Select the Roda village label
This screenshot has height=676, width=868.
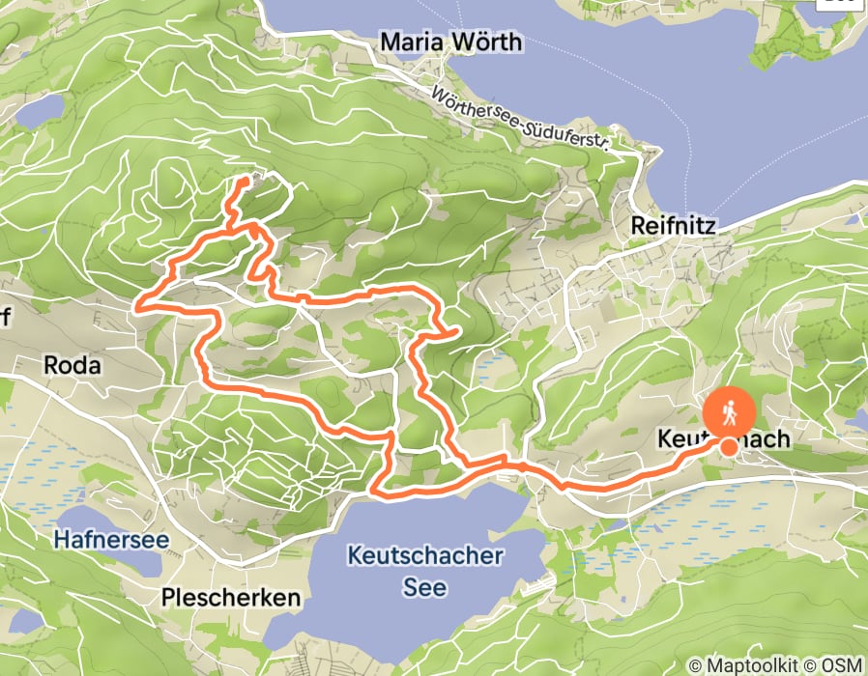click(72, 365)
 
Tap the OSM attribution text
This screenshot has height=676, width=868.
click(840, 665)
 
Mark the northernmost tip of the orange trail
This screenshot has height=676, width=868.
click(246, 180)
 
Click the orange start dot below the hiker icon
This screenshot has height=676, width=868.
click(727, 445)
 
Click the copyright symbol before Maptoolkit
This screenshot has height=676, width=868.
click(696, 665)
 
